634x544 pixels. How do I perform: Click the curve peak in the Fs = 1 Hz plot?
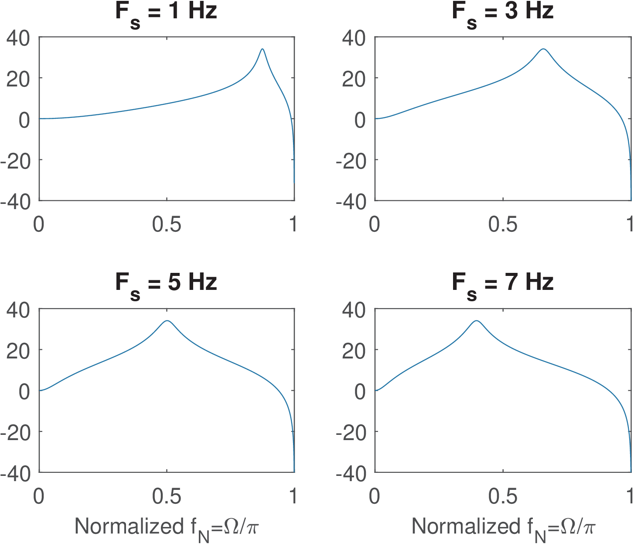[x=262, y=49]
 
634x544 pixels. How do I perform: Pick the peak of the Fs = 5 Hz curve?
[x=167, y=320]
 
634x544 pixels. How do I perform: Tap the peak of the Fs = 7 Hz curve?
[x=477, y=320]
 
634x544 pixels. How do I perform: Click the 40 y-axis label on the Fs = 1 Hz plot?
[x=18, y=38]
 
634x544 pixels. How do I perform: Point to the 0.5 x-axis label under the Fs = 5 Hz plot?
[x=167, y=496]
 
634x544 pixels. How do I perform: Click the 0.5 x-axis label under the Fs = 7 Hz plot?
[x=503, y=496]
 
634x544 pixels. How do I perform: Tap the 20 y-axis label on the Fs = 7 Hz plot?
[x=354, y=351]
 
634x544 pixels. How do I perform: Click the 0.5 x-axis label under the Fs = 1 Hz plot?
[x=167, y=224]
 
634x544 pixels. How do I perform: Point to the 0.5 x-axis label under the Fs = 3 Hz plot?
[x=503, y=224]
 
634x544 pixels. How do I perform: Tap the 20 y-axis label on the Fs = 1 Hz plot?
[x=18, y=79]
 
